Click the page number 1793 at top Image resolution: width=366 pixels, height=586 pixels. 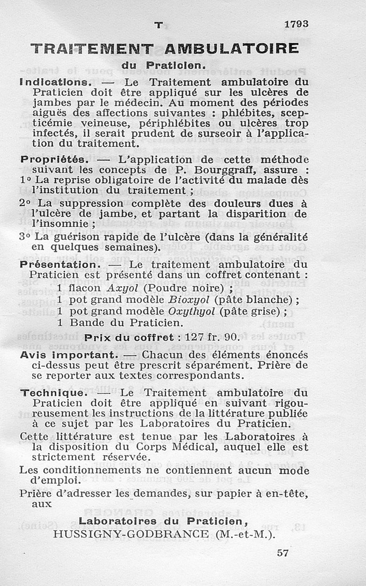click(296, 24)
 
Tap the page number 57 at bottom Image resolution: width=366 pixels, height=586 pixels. click(283, 553)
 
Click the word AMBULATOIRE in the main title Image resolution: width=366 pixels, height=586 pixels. click(231, 49)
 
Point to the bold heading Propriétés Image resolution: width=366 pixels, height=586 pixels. click(53, 160)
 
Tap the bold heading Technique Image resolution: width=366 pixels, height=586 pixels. click(53, 393)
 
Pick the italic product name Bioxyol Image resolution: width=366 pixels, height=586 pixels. click(189, 300)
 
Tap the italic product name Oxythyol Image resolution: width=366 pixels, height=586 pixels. click(192, 311)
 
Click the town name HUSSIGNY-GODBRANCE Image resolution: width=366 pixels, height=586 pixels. click(130, 534)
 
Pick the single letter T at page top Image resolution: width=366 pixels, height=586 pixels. click(158, 26)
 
